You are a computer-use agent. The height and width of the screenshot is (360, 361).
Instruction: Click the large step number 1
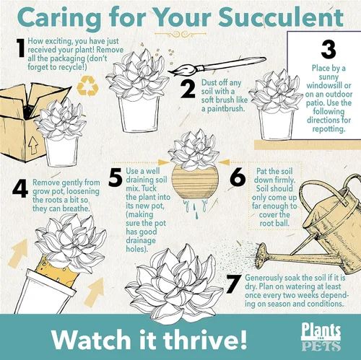click(21, 48)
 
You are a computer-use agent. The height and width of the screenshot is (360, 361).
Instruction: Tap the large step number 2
click(188, 89)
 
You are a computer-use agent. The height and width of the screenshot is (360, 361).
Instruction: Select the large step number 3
click(329, 50)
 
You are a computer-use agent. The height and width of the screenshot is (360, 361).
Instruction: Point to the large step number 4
click(20, 189)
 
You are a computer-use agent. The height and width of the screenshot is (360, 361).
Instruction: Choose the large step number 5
click(116, 177)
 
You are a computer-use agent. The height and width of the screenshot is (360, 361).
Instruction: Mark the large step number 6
click(238, 177)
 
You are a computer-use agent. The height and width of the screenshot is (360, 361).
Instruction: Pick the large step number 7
click(233, 284)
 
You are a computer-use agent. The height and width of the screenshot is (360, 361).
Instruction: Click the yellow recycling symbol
click(87, 86)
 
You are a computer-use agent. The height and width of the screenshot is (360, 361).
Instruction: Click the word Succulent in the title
click(281, 17)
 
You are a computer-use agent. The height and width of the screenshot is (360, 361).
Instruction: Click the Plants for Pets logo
click(321, 337)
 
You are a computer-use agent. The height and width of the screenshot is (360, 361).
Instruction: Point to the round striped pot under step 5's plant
click(195, 183)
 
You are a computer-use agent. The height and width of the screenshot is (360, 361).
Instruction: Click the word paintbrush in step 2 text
click(223, 109)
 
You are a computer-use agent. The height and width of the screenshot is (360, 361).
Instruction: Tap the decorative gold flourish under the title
click(180, 34)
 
